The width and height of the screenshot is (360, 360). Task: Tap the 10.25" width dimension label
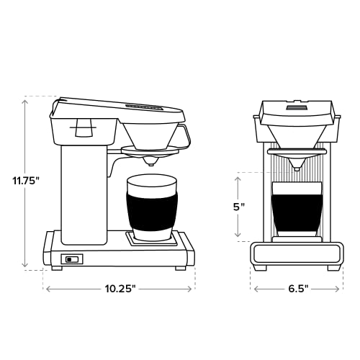tap(119, 289)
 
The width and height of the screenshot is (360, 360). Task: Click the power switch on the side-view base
tap(71, 259)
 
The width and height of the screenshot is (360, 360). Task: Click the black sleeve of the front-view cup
tap(296, 209)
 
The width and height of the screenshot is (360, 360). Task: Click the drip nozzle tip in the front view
tap(296, 167)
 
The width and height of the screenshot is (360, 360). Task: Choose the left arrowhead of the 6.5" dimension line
tap(256, 289)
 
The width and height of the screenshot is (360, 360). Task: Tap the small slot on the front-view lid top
tap(296, 109)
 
